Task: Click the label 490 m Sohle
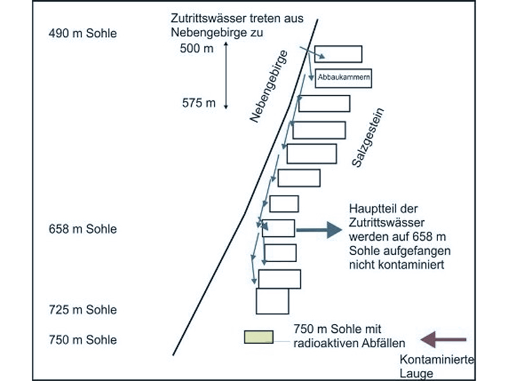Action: click(83, 34)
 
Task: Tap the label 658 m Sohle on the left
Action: click(83, 229)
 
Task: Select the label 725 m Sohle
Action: click(83, 310)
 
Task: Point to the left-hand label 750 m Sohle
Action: click(83, 340)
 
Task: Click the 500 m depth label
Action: click(197, 49)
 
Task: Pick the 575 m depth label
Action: click(199, 103)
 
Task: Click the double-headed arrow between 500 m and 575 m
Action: click(226, 75)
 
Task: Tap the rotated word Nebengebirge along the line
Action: click(269, 86)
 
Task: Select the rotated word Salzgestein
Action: click(368, 138)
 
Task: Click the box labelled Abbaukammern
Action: click(344, 78)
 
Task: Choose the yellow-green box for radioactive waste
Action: click(258, 337)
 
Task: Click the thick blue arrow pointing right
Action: click(319, 230)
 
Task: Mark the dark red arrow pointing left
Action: click(443, 340)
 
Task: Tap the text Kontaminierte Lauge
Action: click(436, 366)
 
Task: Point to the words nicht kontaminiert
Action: click(396, 265)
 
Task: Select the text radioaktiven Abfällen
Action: click(349, 343)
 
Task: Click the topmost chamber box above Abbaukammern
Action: click(338, 54)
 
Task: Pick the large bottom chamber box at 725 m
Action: click(272, 301)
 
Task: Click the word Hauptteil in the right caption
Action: click(370, 209)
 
